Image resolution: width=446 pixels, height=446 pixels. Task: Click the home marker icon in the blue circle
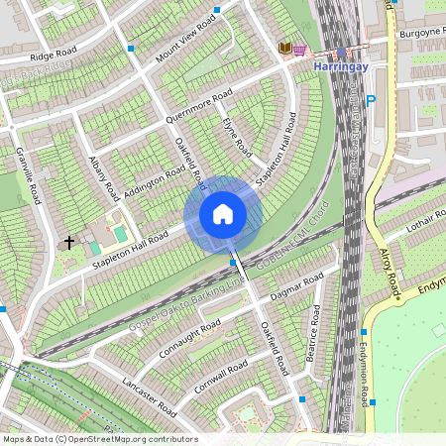(223, 214)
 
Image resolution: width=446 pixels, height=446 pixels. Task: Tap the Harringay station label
(341, 66)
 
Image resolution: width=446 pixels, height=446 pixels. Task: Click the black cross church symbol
(70, 241)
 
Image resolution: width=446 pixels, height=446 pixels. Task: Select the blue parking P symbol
(371, 100)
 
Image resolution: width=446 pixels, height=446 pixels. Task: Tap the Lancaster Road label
(144, 391)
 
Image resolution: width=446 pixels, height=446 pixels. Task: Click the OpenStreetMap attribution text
(99, 439)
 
